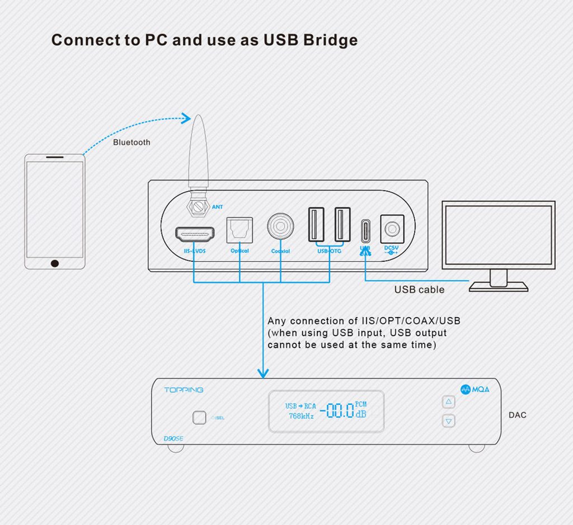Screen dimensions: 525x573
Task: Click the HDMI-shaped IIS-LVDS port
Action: pos(195,233)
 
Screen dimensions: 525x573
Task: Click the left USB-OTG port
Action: pos(316,224)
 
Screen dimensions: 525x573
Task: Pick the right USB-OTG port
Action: pos(342,224)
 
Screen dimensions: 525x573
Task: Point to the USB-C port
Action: pos(365,230)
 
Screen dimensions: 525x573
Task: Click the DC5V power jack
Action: pos(391,229)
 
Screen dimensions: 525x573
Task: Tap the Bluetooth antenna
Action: pos(198,157)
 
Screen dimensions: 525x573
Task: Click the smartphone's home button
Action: pos(54,263)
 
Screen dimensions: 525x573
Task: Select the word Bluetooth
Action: pos(131,143)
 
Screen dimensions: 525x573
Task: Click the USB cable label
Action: pos(419,290)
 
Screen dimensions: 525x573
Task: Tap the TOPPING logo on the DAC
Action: pos(184,390)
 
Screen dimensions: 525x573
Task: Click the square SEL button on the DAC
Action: pos(199,417)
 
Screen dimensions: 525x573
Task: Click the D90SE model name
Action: pos(173,438)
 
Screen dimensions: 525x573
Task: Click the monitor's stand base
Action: pos(498,287)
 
